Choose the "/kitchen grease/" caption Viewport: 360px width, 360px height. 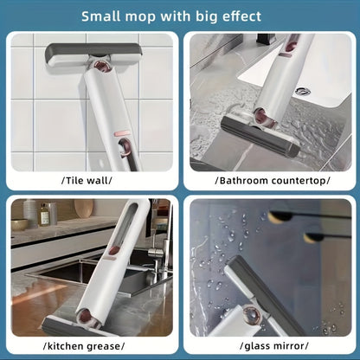point(89,346)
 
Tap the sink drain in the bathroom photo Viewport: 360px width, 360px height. point(301,92)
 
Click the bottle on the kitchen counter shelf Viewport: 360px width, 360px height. point(44,215)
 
